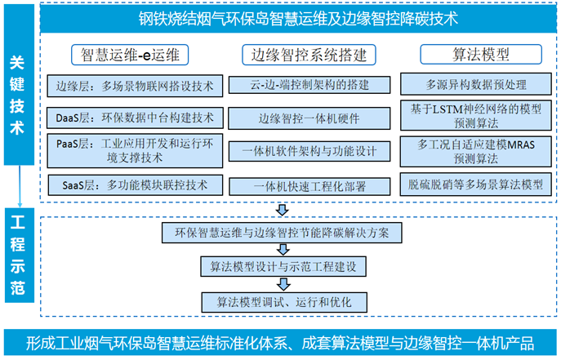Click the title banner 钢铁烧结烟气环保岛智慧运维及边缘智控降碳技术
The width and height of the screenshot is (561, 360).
[x=298, y=18]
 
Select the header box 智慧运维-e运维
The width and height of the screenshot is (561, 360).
[x=130, y=55]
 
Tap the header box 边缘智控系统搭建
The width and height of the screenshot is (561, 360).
[x=309, y=55]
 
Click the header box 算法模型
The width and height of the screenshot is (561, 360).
[x=481, y=55]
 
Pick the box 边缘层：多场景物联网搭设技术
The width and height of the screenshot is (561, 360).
[x=135, y=86]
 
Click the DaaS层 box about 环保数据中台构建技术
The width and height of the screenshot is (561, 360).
[x=135, y=118]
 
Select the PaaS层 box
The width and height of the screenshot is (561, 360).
[x=135, y=150]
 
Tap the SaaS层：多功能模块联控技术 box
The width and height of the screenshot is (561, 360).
[x=136, y=185]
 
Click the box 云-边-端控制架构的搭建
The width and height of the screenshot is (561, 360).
[x=309, y=85]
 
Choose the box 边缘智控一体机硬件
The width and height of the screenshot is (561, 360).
[x=309, y=118]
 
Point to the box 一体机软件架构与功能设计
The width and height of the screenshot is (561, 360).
[x=309, y=151]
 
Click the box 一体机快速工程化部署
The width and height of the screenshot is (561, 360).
[x=309, y=187]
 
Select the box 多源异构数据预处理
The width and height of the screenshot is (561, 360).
[x=476, y=84]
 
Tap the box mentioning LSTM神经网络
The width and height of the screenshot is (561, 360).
[x=476, y=115]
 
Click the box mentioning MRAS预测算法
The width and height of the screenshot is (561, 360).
[x=476, y=151]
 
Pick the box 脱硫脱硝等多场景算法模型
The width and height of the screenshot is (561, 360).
[x=476, y=184]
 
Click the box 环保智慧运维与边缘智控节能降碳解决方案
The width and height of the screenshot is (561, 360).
[x=282, y=233]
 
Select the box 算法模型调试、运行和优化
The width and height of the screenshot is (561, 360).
[x=284, y=302]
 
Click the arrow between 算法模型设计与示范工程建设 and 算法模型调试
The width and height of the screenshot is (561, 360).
[x=283, y=285]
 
